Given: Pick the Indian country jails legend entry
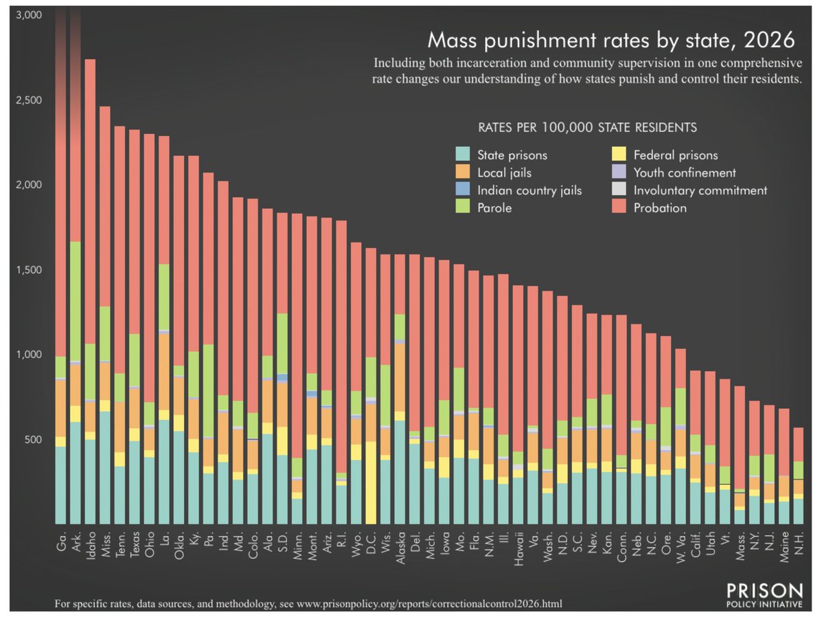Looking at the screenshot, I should pos(529,190).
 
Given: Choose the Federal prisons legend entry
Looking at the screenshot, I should pos(676,155).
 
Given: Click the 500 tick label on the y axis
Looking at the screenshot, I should pos(32,440).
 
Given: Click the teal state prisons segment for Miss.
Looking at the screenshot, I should pos(104,467).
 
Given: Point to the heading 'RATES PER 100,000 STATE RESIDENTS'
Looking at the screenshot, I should pos(588,128).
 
